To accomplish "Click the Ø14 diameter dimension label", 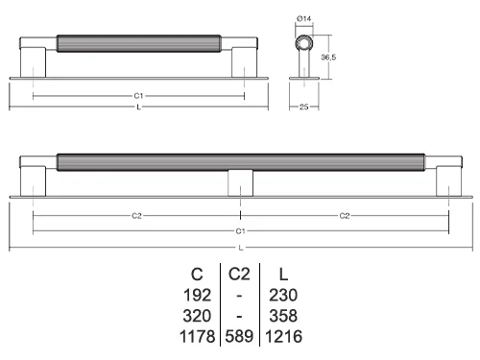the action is point(303,18).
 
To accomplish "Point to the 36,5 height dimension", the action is point(328,58).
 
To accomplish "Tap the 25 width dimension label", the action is point(303,107).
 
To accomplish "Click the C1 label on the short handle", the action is point(138,96).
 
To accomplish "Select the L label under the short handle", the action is point(138,108).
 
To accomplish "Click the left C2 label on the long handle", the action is point(136,216).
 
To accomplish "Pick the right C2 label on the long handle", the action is point(345,216).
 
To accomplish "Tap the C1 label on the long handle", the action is point(240,231).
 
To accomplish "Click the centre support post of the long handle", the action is point(240,183).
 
